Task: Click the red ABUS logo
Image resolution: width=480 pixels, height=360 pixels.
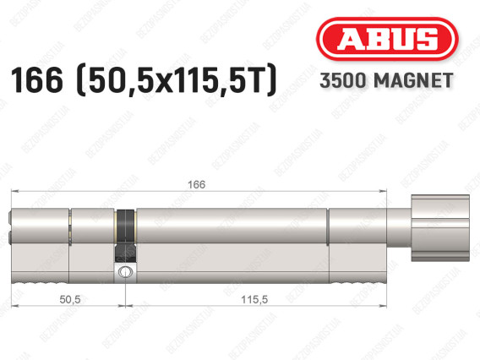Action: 387,39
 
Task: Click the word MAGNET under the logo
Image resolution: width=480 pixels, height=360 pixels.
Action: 413,80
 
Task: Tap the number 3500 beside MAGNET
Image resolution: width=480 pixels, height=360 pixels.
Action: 343,80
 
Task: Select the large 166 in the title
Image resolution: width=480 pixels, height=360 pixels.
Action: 37,80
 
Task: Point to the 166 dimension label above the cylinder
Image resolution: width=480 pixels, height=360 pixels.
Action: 197,184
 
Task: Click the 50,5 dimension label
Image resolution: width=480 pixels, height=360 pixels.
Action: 70,299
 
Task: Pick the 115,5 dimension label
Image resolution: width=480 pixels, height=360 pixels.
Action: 254,299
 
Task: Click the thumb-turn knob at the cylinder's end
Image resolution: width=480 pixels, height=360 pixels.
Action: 440,228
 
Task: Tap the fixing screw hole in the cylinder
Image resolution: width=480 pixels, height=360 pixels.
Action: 125,271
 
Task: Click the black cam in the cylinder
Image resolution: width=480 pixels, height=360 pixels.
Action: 126,236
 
